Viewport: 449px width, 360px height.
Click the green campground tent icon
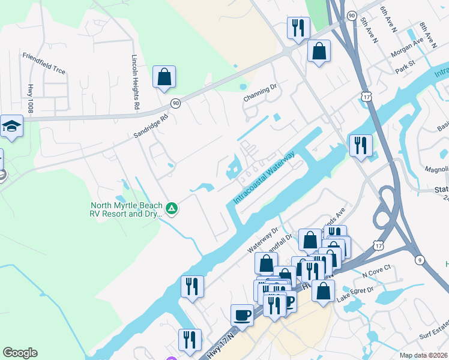click(x=172, y=209)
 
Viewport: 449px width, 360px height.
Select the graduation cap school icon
click(x=11, y=125)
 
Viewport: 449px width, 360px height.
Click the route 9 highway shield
click(x=419, y=260)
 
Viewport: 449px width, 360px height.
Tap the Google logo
click(x=20, y=353)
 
